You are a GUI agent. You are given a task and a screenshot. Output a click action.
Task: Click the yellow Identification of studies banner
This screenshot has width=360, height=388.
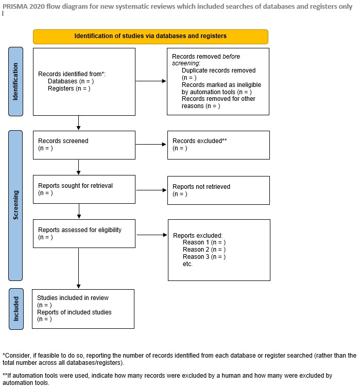pos(150,36)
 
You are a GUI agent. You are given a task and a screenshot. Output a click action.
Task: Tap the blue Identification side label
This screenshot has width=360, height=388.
pos(16,81)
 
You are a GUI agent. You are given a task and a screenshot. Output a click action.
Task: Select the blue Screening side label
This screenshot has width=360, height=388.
pos(16,205)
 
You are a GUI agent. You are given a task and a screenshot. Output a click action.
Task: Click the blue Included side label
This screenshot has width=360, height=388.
pos(16,309)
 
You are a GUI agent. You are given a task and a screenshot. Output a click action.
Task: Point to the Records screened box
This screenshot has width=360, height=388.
pos(83,145)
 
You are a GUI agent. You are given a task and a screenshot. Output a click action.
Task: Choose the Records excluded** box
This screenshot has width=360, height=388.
pos(218,145)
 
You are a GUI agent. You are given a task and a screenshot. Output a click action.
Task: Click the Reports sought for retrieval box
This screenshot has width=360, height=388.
pos(83,189)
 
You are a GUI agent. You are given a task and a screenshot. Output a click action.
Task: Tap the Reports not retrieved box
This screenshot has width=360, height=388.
pos(218,190)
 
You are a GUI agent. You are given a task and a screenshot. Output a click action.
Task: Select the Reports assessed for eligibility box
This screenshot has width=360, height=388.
pos(83,234)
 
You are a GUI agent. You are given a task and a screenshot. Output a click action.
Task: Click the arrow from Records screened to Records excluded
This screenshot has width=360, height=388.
pos(151,145)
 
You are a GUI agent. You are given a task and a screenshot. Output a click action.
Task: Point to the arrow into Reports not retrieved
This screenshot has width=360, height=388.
pos(151,189)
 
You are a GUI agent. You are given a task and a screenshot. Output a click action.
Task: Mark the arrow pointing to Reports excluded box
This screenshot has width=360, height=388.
pos(151,235)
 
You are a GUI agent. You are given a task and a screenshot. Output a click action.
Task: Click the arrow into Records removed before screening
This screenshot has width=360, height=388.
pos(151,81)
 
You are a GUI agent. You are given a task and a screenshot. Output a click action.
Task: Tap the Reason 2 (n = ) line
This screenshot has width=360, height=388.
pos(204,250)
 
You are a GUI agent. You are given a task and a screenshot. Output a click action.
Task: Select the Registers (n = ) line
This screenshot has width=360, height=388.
pos(69,89)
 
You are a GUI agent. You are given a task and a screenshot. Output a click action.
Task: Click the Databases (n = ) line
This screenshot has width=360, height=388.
pos(71,81)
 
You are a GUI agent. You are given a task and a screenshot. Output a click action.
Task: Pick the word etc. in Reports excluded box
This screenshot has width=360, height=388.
pos(187,264)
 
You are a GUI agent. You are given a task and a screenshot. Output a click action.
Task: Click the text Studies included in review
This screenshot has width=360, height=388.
pos(73,298)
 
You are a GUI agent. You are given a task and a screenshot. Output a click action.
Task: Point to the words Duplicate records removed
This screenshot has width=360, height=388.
pos(218,70)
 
